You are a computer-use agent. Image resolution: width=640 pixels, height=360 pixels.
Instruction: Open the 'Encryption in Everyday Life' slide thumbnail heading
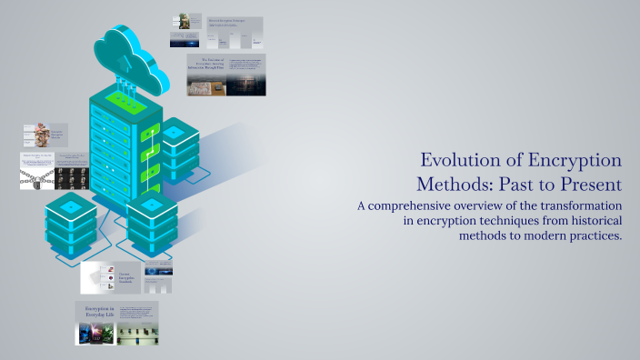click(96, 313)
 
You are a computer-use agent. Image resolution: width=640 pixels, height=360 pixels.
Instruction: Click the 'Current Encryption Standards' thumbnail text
click(128, 277)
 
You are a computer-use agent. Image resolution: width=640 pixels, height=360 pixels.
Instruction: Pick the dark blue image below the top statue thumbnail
click(184, 40)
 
